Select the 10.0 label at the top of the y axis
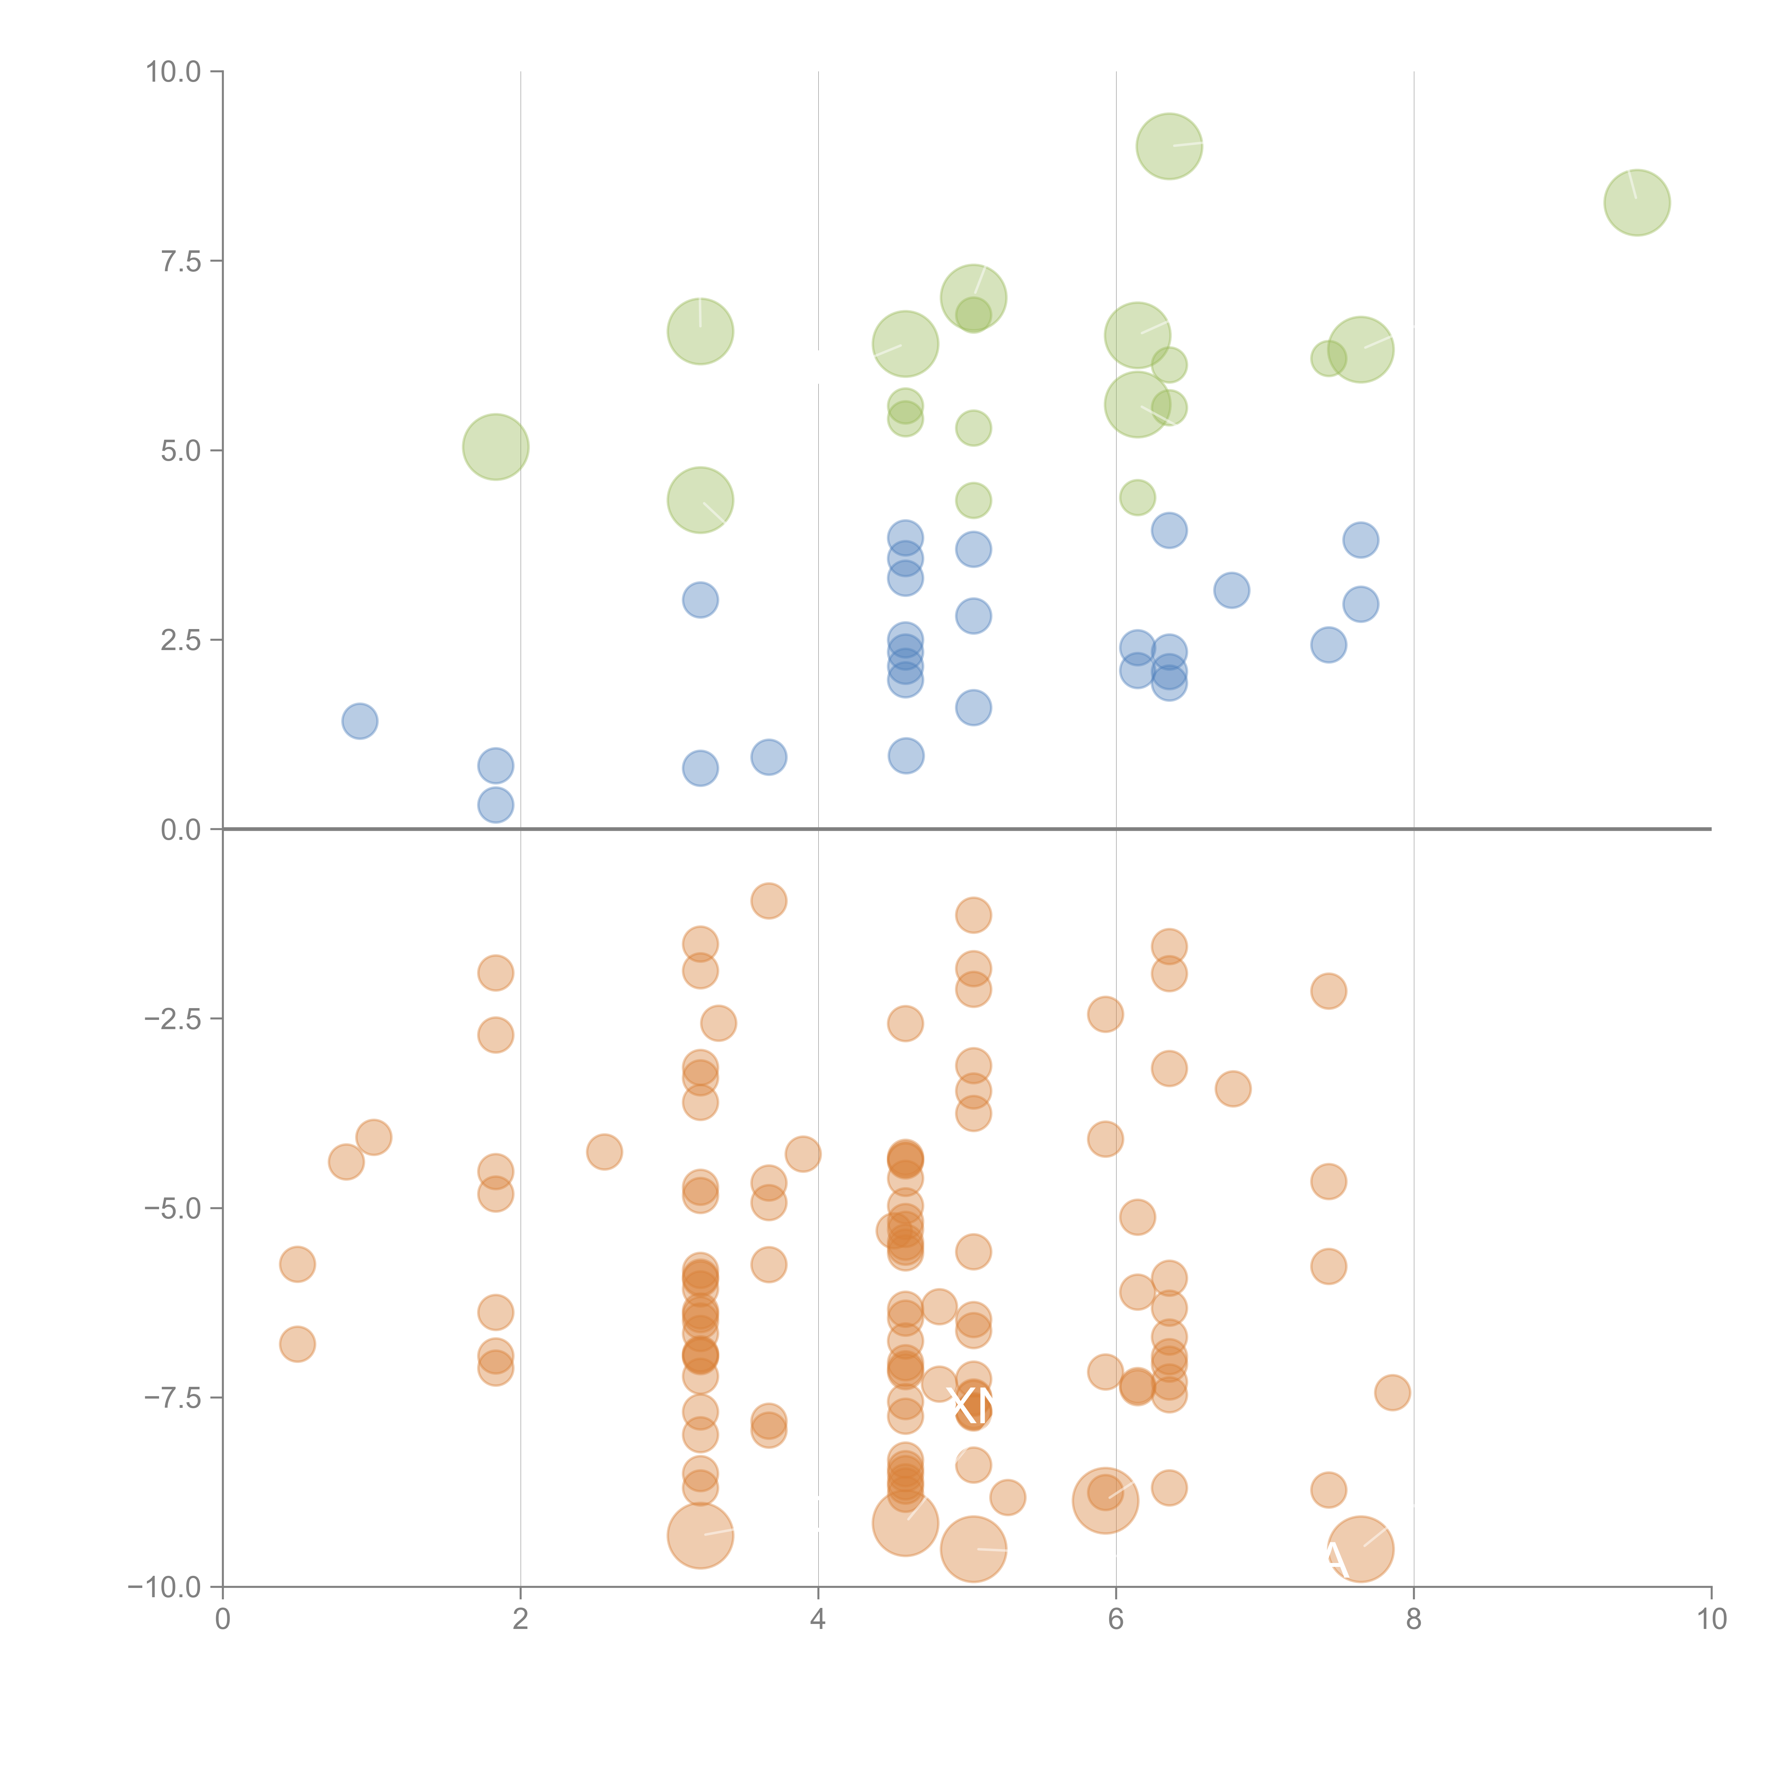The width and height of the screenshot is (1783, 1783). pyautogui.click(x=174, y=72)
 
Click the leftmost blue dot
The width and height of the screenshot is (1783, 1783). pyautogui.click(x=360, y=721)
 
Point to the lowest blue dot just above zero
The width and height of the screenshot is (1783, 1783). pyautogui.click(x=496, y=805)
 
